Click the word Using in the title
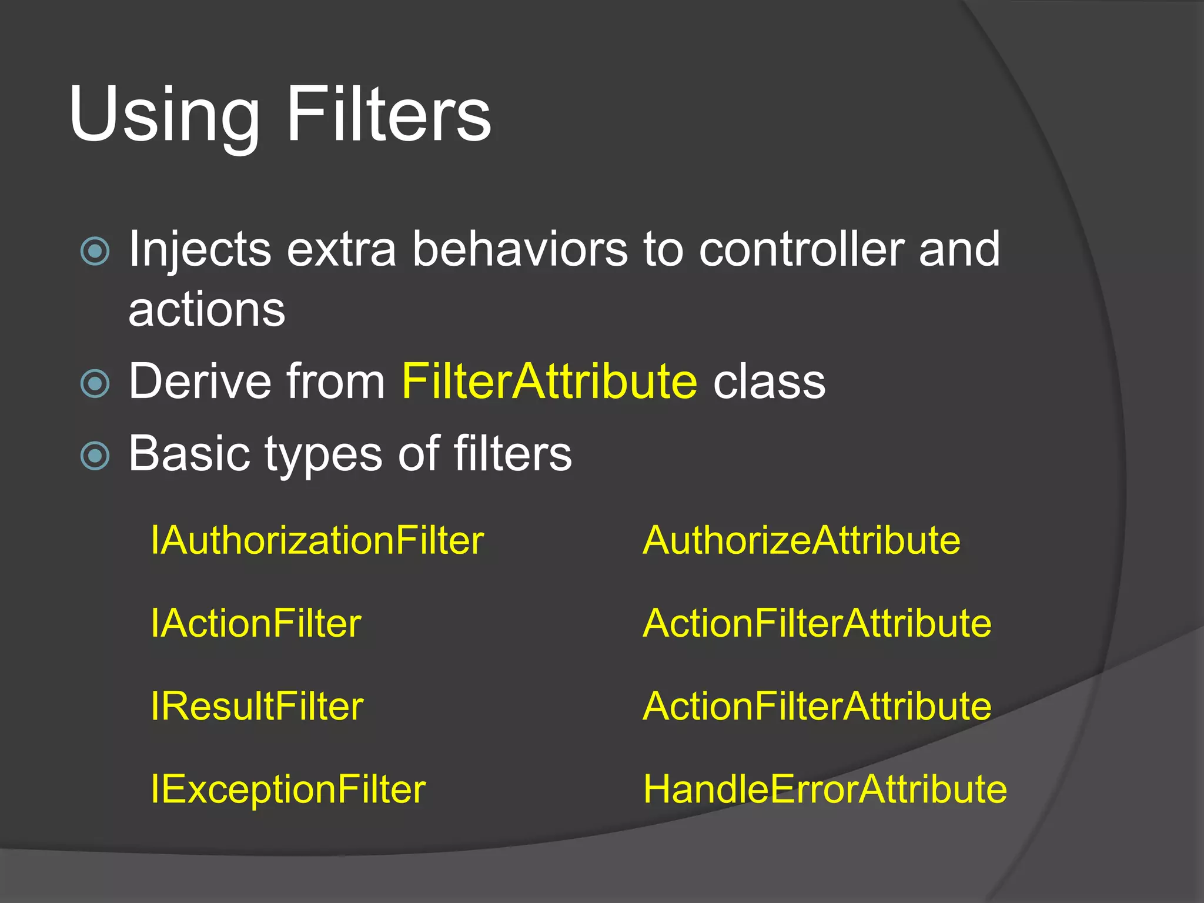164,115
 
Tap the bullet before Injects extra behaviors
95,251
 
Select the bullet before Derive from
95,384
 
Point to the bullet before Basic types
95,456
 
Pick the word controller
801,249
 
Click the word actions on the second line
206,310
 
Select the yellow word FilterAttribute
549,382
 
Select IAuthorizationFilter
317,540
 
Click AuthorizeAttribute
801,540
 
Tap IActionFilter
256,623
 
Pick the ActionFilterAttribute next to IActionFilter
817,623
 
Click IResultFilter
257,706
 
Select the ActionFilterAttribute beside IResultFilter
817,706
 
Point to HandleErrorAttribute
824,789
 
